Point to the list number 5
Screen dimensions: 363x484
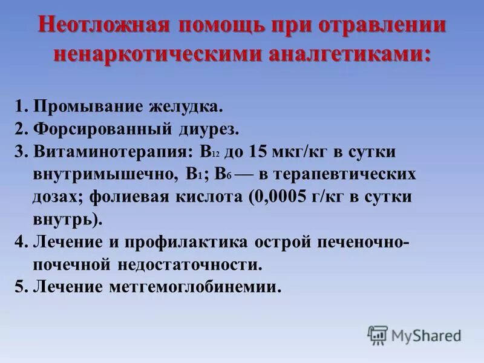coord(21,286)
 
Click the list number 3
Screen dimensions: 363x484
coord(21,152)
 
